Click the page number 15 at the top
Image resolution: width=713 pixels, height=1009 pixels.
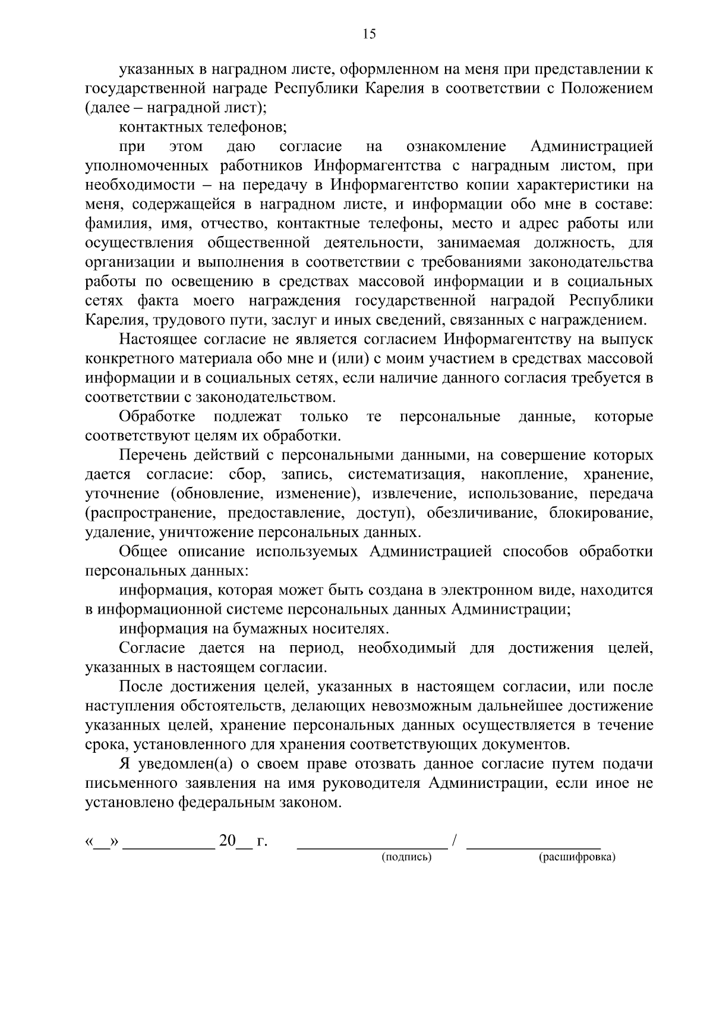(369, 34)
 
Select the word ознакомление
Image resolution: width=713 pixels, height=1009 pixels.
(456, 146)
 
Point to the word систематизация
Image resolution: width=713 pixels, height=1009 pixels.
(405, 474)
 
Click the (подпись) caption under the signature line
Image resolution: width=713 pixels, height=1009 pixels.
(406, 857)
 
